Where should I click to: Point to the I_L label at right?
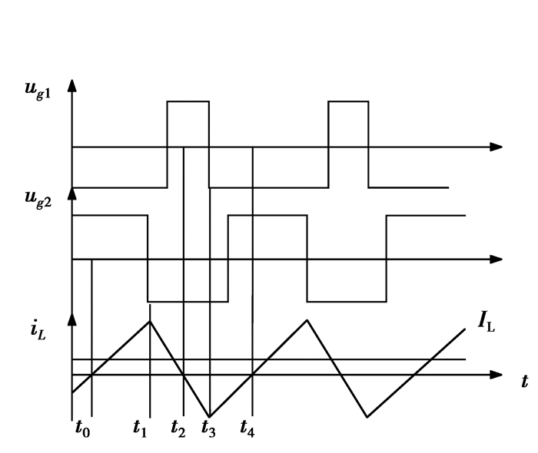click(x=487, y=323)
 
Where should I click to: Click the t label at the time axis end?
click(x=524, y=382)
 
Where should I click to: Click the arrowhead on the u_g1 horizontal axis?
click(x=496, y=146)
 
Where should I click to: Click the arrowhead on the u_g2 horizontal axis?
click(x=496, y=260)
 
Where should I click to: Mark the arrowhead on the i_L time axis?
click(x=496, y=375)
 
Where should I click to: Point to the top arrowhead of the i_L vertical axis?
click(x=72, y=317)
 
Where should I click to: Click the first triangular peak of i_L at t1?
click(x=150, y=321)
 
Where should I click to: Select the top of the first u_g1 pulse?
click(x=188, y=101)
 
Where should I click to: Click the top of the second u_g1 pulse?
click(x=348, y=101)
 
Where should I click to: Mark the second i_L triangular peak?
click(x=307, y=319)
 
